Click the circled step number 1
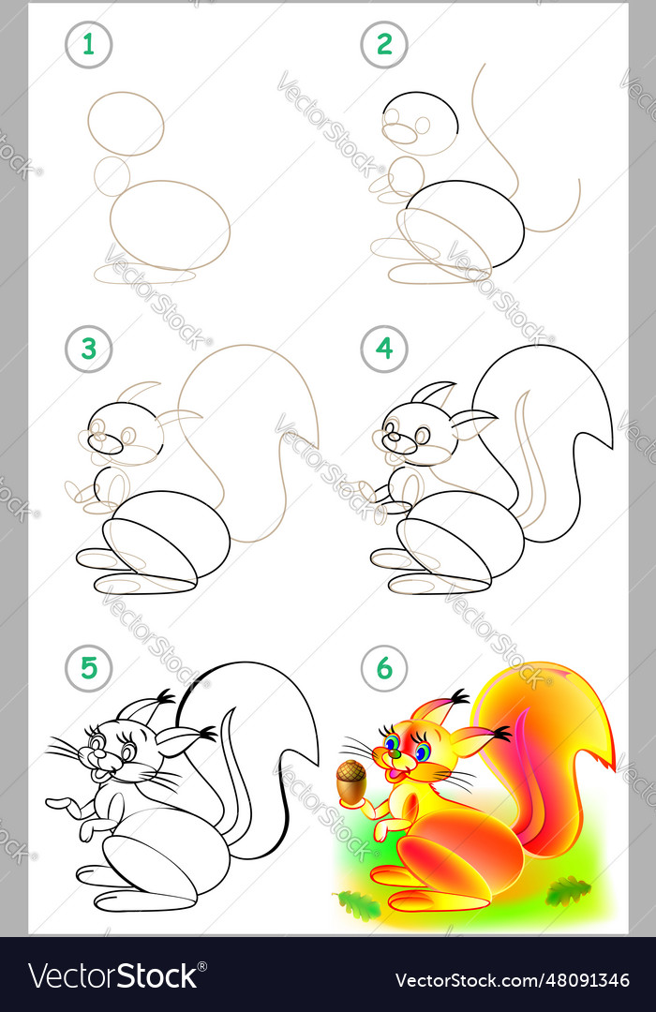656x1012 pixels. pyautogui.click(x=88, y=45)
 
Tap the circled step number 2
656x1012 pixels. pyautogui.click(x=384, y=45)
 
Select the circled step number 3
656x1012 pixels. pyautogui.click(x=88, y=350)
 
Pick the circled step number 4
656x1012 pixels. pyautogui.click(x=384, y=350)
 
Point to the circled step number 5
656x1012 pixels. pyautogui.click(x=88, y=668)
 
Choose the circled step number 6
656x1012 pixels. pyautogui.click(x=384, y=668)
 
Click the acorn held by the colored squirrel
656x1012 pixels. pyautogui.click(x=351, y=783)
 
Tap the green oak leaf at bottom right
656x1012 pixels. pyautogui.click(x=568, y=891)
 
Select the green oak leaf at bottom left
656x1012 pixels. pyautogui.click(x=357, y=904)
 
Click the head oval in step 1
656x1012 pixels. pyautogui.click(x=127, y=123)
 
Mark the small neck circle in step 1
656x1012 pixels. pyautogui.click(x=112, y=176)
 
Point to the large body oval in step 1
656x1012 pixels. pyautogui.click(x=170, y=225)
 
